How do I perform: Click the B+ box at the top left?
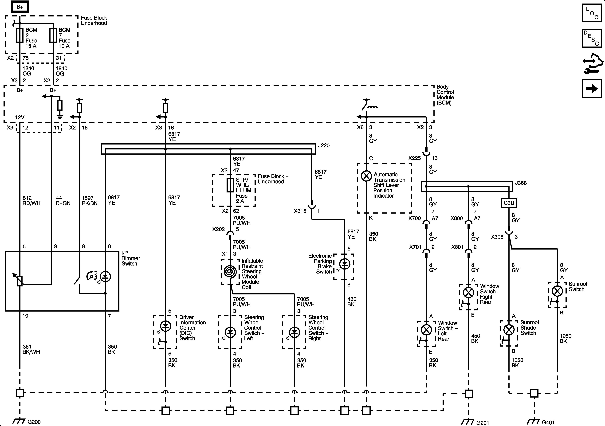click(20, 7)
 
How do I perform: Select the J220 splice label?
click(324, 145)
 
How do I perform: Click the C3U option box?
click(509, 203)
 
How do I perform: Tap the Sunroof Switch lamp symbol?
click(557, 291)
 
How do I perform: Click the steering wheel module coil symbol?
click(230, 271)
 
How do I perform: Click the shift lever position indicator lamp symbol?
click(366, 176)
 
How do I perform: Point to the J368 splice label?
click(521, 183)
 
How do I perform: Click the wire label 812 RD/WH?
click(31, 200)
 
